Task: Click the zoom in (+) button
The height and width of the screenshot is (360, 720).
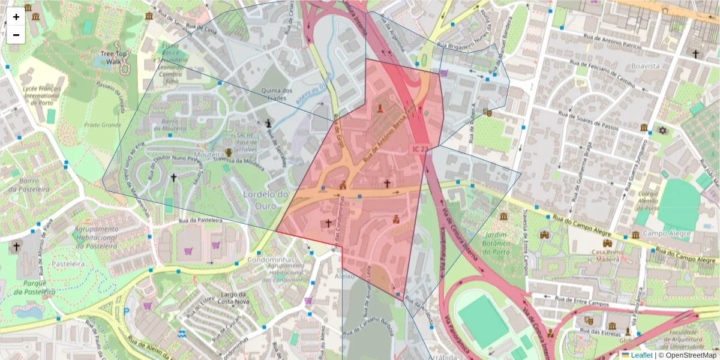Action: (16, 17)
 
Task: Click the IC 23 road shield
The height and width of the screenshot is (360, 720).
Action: (420, 148)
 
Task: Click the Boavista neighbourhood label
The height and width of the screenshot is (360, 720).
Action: (645, 65)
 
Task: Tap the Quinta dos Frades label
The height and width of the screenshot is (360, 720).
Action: (277, 95)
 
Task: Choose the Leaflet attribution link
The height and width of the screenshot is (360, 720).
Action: (641, 355)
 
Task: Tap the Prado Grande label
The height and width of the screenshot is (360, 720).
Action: (102, 125)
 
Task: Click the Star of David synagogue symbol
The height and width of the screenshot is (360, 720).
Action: (664, 130)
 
